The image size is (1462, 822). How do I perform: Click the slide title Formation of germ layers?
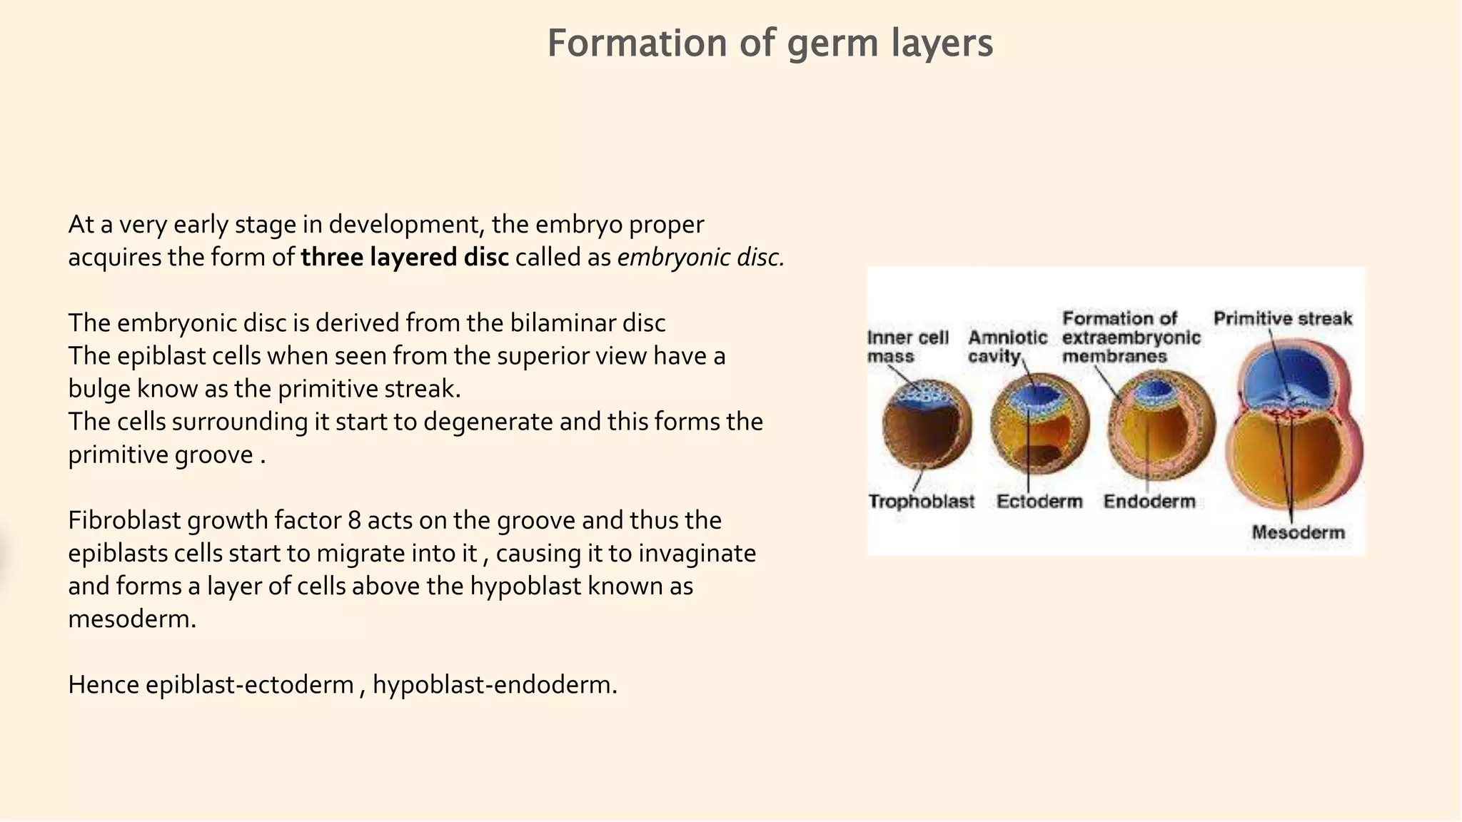770,43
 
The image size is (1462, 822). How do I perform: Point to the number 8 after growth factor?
354,520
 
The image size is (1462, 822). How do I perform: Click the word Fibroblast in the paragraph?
124,520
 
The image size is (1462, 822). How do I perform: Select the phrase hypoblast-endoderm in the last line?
494,685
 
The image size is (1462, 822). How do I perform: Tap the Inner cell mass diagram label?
907,347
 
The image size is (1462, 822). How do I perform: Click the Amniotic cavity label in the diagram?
1007,347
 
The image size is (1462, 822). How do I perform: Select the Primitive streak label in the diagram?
1283,318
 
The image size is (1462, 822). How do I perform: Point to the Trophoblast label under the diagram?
921,502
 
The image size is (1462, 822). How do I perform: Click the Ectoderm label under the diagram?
1039,502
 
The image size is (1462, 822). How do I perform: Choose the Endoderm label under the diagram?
1149,502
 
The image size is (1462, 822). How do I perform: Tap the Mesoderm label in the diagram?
1298,532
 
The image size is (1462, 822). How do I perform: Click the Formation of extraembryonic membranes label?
1131,338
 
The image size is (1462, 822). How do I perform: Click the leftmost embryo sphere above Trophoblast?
927,424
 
